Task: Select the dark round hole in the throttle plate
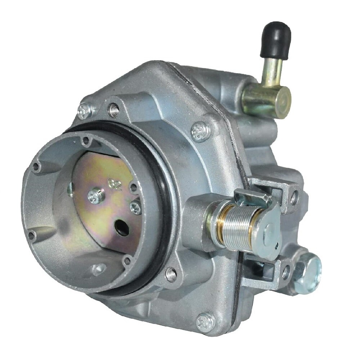(121, 228)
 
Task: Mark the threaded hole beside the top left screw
(114, 109)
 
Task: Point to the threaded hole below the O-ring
(171, 274)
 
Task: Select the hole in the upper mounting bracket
(294, 197)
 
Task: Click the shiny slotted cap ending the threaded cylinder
(269, 234)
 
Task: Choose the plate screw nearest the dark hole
(135, 207)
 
